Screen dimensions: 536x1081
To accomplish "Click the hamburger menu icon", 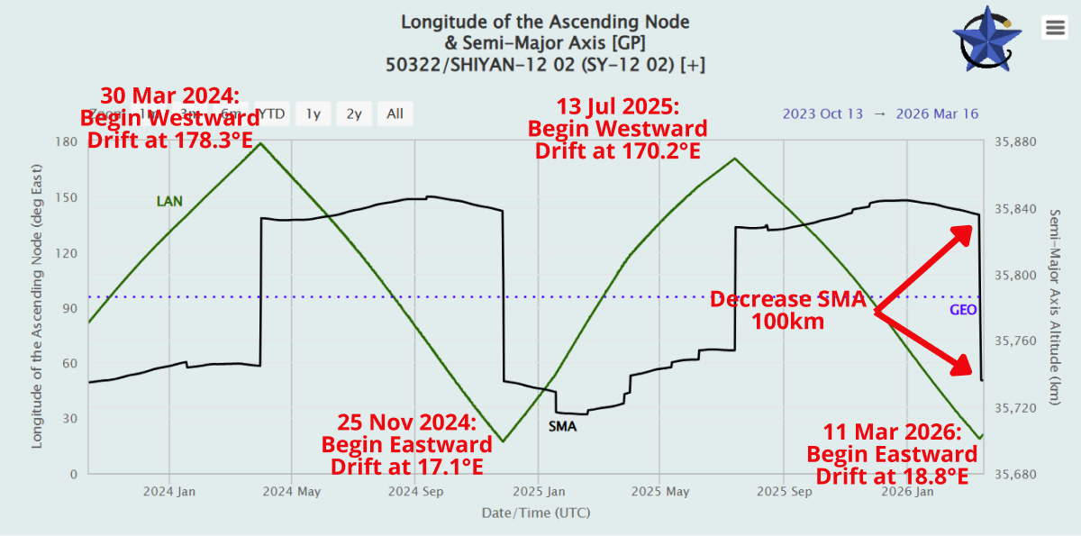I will coord(1054,28).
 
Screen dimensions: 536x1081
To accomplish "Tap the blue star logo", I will coord(986,40).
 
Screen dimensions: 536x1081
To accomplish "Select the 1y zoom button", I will coord(313,114).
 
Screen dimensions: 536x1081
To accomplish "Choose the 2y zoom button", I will coord(354,114).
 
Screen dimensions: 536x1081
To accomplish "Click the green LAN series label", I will coord(169,202).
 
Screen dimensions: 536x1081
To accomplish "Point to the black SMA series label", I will coord(562,426).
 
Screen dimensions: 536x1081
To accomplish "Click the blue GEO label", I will coord(963,310).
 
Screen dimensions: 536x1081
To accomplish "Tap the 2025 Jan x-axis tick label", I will coord(538,492).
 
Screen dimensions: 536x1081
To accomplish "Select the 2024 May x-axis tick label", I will coord(290,492).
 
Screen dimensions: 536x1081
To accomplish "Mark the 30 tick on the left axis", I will coord(71,419).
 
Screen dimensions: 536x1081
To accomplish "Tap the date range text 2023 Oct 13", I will coord(822,114).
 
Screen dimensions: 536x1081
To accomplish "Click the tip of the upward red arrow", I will coord(970,227).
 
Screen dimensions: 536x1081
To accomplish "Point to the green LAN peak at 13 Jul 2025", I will coord(735,159).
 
